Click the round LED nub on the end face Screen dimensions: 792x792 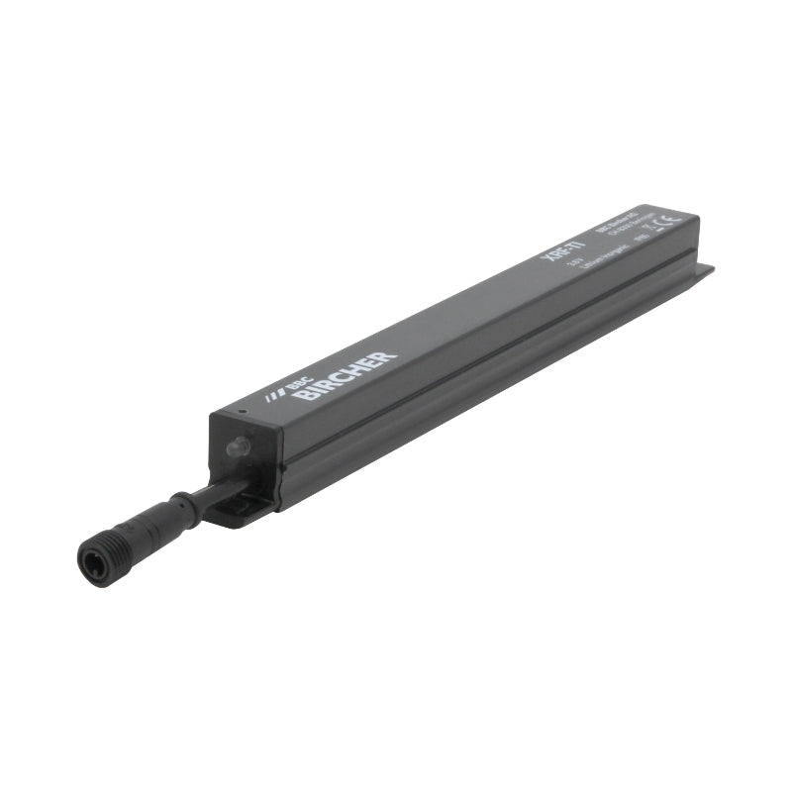pyautogui.click(x=234, y=447)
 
